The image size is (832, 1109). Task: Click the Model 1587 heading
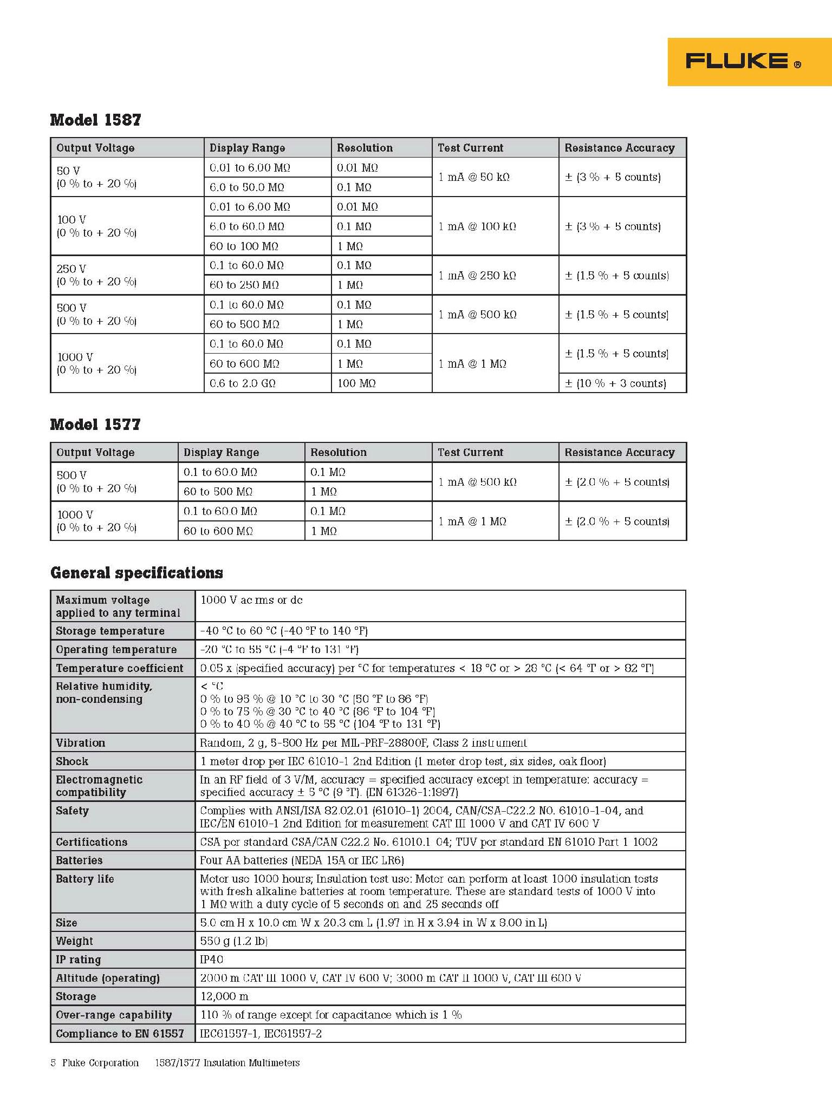tap(95, 120)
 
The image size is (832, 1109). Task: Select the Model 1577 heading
tap(95, 424)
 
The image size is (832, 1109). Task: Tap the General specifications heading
tap(136, 573)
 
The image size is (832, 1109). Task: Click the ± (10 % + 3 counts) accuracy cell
tap(615, 383)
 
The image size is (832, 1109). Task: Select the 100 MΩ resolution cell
tap(356, 383)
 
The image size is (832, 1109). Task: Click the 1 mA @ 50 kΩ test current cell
tap(474, 177)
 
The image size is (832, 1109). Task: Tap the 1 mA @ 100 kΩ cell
tap(477, 226)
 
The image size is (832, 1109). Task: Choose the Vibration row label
tap(81, 743)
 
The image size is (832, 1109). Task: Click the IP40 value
tap(212, 960)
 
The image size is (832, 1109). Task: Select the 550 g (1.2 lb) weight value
tap(234, 941)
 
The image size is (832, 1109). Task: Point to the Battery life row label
tap(85, 879)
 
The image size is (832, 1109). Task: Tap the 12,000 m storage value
tap(224, 996)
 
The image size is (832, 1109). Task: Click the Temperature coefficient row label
tap(120, 668)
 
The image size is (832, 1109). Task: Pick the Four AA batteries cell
tap(302, 860)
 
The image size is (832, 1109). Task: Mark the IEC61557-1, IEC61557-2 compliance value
tap(261, 1034)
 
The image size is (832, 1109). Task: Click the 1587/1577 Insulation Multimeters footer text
tap(227, 1063)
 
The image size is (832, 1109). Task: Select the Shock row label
tap(72, 761)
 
